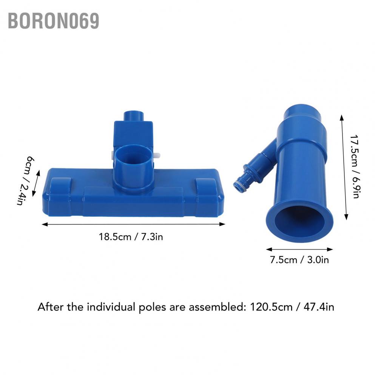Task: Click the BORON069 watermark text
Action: [53, 21]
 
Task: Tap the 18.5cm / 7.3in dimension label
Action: [131, 237]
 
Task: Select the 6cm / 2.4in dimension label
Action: [25, 181]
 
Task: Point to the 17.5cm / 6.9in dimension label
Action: [355, 166]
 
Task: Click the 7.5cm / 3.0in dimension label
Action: [299, 260]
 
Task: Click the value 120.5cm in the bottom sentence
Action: [271, 307]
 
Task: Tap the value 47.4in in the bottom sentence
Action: [319, 307]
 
